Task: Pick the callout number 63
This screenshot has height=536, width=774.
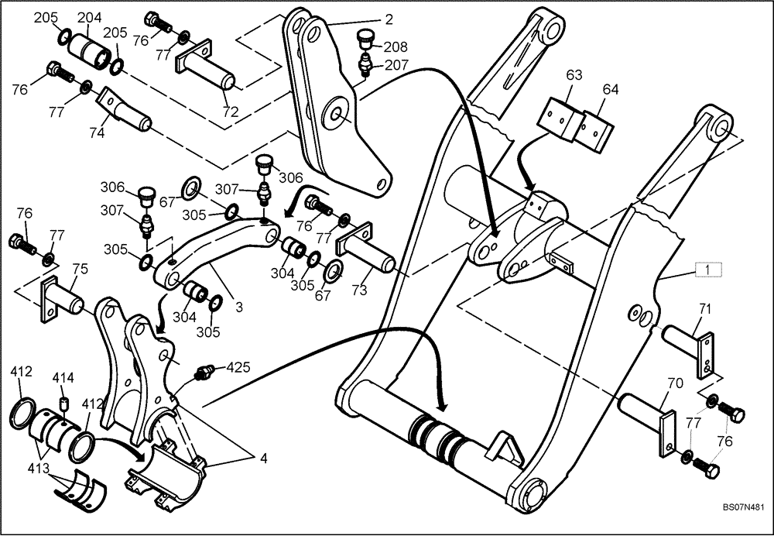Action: click(574, 75)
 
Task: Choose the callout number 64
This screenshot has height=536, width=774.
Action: click(611, 89)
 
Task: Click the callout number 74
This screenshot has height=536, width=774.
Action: click(96, 132)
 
